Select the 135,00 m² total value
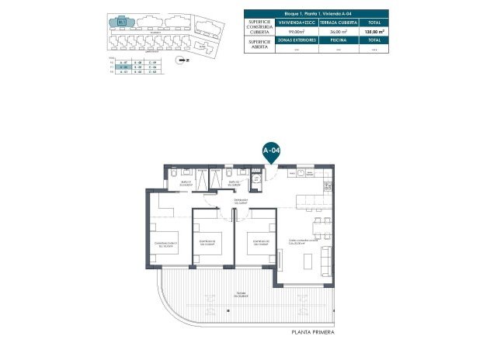[375, 30]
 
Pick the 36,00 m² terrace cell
[337, 30]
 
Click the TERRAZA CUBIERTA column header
[337, 22]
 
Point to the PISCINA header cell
[337, 39]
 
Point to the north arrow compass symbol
[183, 59]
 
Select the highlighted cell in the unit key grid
[121, 67]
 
